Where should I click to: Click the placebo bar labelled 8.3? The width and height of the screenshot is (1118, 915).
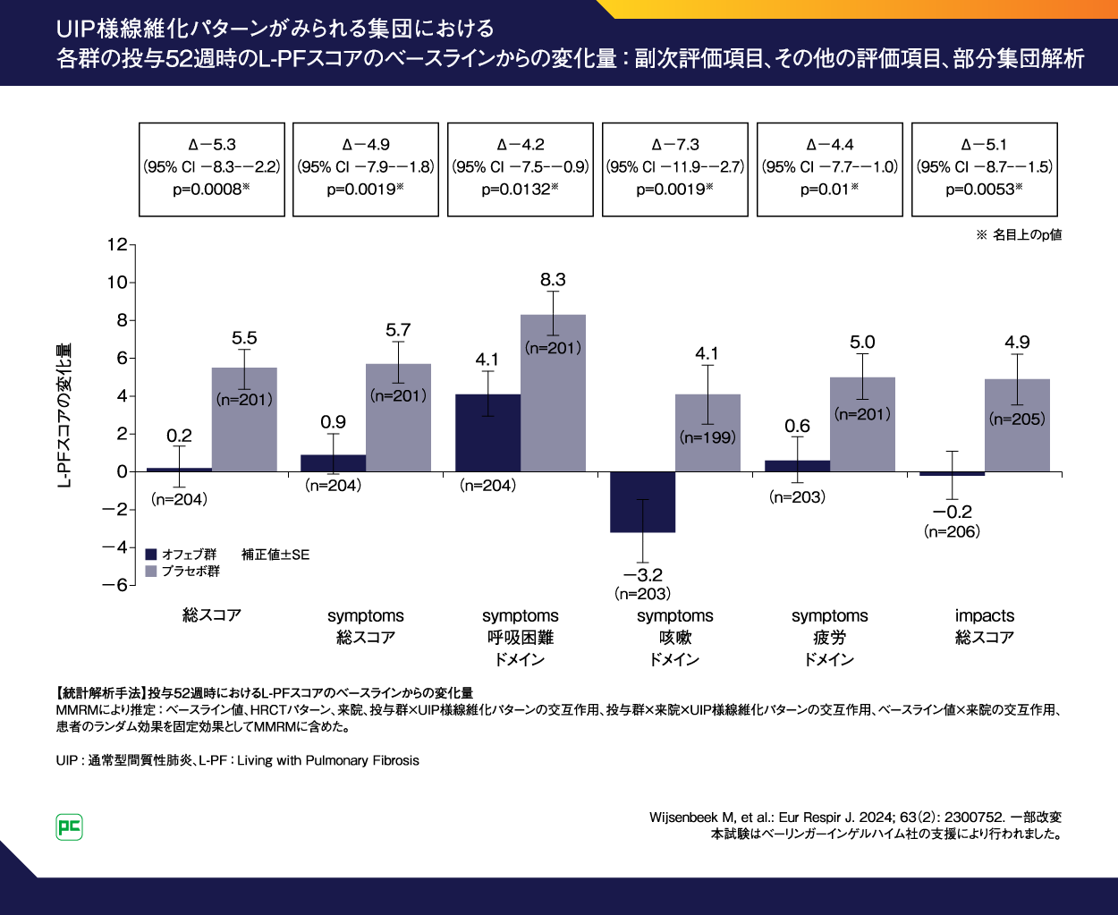553,394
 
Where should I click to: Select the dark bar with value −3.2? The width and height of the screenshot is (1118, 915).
642,502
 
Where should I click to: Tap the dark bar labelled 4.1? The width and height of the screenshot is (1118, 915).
487,433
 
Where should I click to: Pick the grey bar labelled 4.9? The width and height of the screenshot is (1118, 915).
1017,426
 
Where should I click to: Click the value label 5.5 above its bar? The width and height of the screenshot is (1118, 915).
244,338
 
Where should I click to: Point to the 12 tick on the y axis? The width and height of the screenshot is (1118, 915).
117,244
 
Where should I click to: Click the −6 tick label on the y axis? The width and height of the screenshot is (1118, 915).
114,585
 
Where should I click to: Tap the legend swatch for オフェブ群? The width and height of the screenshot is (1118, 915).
151,555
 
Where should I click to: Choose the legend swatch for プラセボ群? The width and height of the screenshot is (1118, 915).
151,572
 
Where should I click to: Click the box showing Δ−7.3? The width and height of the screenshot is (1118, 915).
675,169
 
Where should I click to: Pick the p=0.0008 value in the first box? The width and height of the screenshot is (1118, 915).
211,190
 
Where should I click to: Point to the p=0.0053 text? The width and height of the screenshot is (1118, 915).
984,190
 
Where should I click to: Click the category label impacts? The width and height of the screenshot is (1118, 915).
984,615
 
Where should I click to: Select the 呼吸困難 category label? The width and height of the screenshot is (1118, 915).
520,638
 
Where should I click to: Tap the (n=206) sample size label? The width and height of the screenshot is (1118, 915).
952,531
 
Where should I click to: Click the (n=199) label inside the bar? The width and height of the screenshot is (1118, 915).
707,437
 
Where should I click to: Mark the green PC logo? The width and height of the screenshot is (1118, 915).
69,826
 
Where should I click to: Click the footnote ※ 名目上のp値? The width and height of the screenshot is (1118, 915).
1019,234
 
